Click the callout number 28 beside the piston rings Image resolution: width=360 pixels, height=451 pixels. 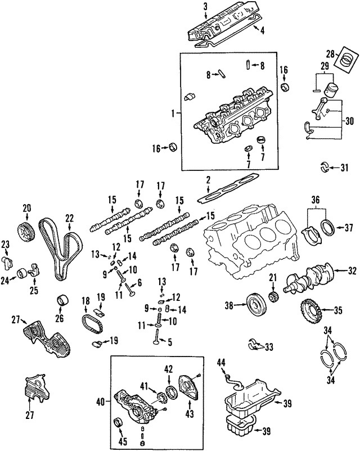tap(332, 53)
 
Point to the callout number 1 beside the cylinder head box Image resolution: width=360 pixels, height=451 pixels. tap(173, 114)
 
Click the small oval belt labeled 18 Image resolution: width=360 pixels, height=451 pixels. tap(90, 324)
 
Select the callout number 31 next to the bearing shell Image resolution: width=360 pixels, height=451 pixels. tap(345, 167)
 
